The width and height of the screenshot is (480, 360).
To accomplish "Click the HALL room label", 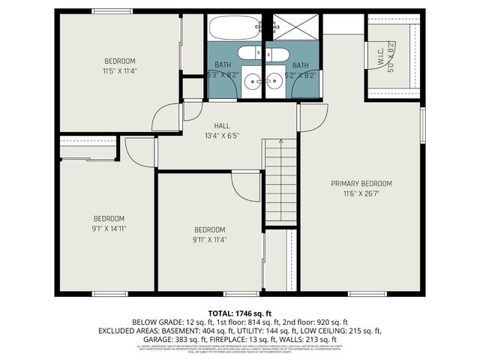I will [222, 126].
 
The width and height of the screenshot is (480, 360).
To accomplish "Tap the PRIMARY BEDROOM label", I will [361, 184].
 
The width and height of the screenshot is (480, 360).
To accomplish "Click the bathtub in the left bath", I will [234, 28].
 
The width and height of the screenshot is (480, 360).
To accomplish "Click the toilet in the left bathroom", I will [250, 55].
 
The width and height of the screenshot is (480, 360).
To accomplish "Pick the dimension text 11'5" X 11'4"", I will [120, 71].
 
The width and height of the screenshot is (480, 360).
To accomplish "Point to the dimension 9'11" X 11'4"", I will [209, 240].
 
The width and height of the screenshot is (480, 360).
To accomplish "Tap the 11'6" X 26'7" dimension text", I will [361, 194].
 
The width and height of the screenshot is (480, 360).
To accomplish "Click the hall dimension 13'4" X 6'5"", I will [222, 136].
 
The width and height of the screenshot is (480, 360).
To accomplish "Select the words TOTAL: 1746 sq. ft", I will [240, 312].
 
